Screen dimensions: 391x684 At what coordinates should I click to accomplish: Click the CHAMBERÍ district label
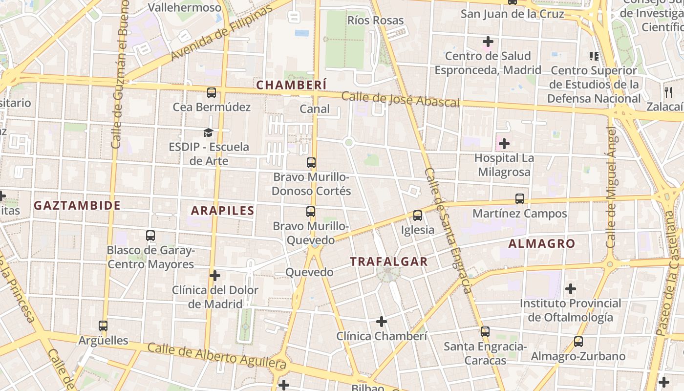291,85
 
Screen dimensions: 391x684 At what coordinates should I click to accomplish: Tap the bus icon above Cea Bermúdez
212,93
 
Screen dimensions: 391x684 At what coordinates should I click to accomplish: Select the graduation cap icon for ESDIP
209,132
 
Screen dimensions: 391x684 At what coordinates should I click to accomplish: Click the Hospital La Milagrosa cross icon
504,144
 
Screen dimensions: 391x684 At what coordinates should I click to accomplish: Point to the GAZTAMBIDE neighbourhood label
77,205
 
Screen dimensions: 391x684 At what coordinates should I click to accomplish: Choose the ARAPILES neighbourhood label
223,211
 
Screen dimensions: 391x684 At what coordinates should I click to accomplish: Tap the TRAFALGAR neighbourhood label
389,261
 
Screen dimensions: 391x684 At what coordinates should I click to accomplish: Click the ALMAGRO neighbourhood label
542,243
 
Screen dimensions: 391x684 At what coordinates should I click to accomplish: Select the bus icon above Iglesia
417,216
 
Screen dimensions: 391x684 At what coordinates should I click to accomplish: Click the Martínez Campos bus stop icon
520,199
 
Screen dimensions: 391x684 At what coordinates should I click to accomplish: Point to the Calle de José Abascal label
401,99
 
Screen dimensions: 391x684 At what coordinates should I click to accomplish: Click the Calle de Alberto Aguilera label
216,356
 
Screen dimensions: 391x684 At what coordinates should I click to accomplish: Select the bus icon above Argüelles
103,326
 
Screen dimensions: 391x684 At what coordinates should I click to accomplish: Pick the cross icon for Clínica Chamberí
382,322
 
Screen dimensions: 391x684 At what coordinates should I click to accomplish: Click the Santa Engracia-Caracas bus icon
485,332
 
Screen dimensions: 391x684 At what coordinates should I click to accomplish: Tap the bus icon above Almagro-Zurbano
578,342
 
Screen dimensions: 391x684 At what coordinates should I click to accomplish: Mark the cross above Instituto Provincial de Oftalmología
570,289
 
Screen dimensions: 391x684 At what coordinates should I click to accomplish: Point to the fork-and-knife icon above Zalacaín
668,92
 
